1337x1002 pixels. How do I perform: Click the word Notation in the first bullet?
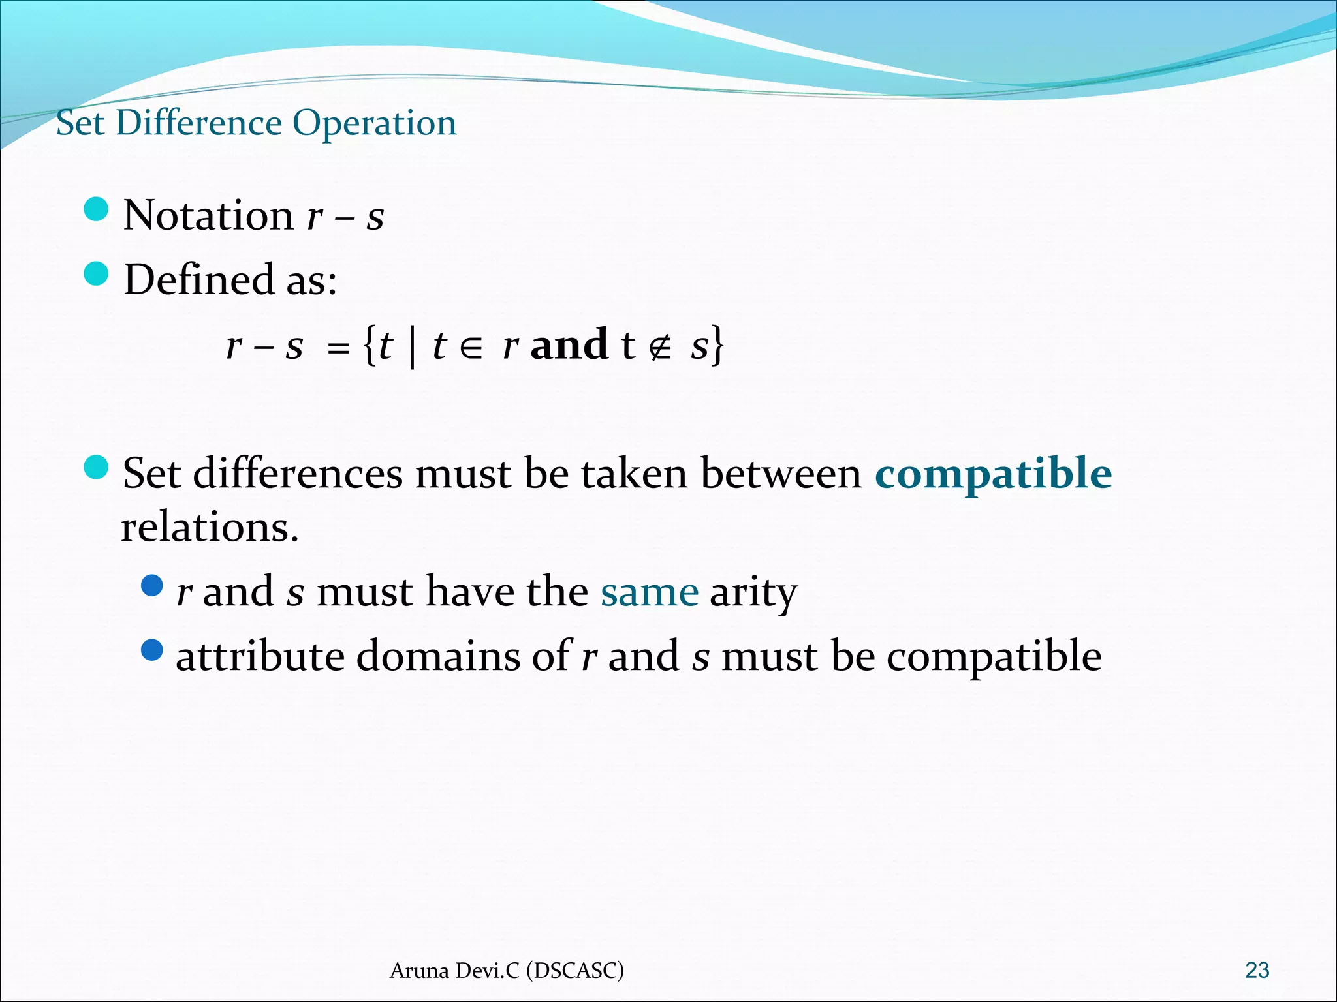click(x=208, y=215)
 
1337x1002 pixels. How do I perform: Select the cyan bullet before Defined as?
click(x=97, y=274)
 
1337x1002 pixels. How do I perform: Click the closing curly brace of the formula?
click(x=717, y=346)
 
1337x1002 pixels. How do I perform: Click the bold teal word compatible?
click(x=993, y=473)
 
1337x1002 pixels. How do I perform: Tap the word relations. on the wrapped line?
click(x=210, y=527)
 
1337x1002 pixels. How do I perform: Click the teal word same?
click(x=650, y=592)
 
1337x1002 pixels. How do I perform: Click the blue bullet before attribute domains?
click(x=152, y=650)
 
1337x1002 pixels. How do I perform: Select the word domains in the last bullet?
click(x=437, y=656)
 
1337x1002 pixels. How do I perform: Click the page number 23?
click(x=1257, y=970)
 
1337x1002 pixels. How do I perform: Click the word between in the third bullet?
click(x=781, y=473)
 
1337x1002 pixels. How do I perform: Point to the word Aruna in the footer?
click(x=419, y=971)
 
